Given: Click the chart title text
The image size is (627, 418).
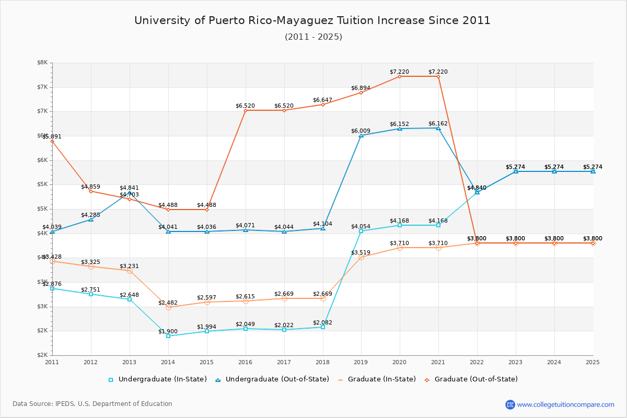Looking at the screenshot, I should (x=312, y=20).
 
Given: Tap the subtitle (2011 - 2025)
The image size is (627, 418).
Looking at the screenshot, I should (x=313, y=37).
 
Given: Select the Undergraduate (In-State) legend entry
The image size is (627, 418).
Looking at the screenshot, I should (x=157, y=379).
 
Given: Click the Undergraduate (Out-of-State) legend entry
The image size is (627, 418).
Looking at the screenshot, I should (x=272, y=379).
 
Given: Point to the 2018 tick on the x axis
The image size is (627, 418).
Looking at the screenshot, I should (x=322, y=362).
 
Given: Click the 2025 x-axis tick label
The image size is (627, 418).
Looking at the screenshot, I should (x=593, y=362).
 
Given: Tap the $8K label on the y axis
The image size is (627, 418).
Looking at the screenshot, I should (x=42, y=63).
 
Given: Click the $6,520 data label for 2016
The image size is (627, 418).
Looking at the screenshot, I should (x=245, y=106).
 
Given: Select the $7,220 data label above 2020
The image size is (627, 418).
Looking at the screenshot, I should (x=399, y=72).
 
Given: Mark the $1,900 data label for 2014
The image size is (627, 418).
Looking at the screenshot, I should (x=168, y=331).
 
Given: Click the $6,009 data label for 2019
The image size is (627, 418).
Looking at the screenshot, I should (x=361, y=131).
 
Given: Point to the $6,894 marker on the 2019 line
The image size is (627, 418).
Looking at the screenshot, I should (x=361, y=92).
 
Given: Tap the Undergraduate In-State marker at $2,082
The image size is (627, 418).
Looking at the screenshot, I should (x=323, y=327).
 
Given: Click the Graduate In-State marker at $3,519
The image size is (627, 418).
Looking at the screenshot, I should (x=361, y=257).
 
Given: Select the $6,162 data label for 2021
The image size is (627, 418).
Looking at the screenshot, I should (x=438, y=124).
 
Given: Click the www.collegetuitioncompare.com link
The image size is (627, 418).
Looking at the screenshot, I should (x=565, y=404).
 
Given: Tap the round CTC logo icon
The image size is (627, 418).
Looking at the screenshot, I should (x=510, y=404).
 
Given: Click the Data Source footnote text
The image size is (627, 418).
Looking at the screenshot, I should (x=92, y=404).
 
